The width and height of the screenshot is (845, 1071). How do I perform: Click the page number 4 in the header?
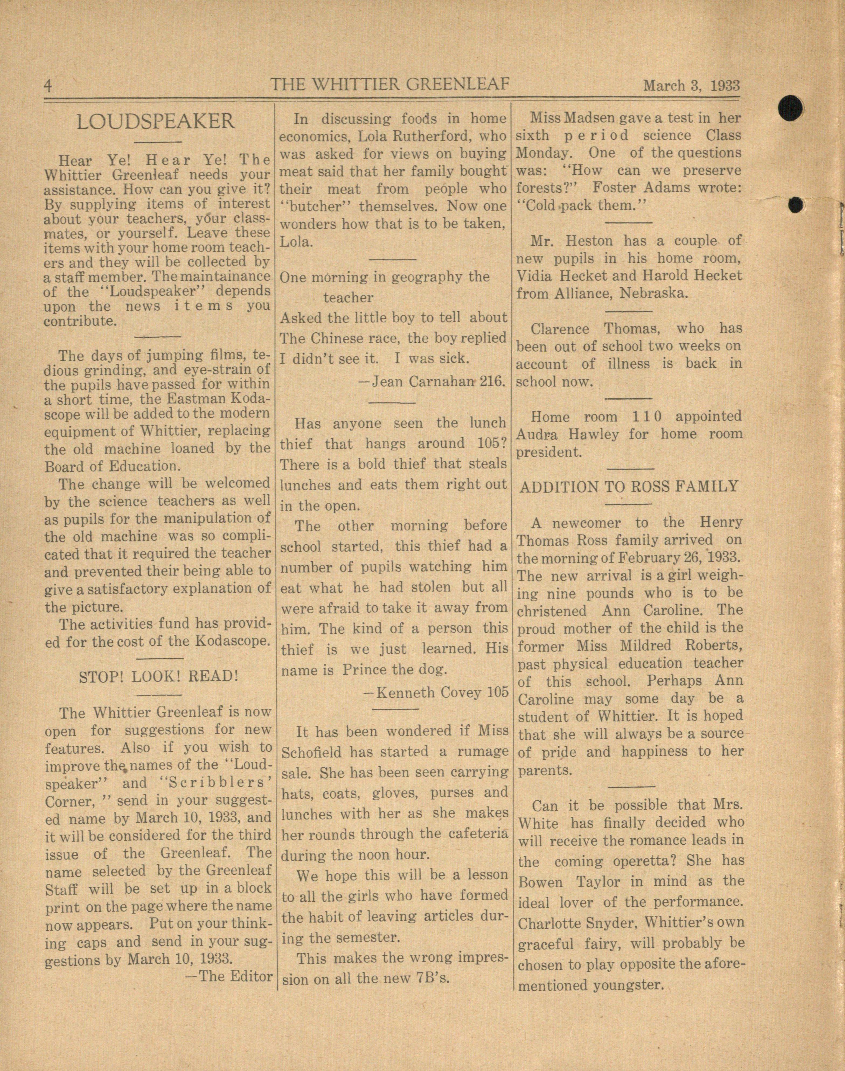pyautogui.click(x=48, y=86)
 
